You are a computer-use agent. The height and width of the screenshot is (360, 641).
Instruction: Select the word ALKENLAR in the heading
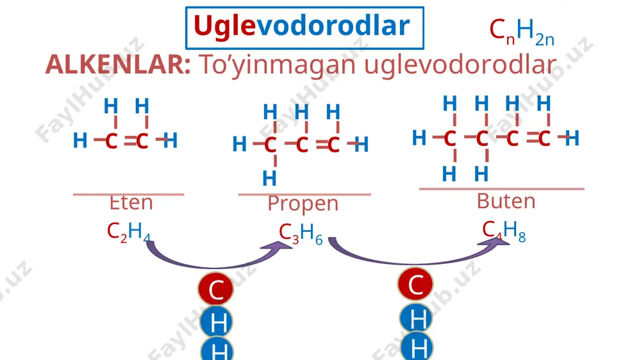118,65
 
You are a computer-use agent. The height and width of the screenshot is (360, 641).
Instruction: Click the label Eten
131,202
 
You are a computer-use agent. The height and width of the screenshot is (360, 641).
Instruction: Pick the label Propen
303,204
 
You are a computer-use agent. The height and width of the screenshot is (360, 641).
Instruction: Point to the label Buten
506,201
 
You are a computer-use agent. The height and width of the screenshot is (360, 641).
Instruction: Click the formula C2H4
128,232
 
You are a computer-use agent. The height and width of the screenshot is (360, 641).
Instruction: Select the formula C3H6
301,234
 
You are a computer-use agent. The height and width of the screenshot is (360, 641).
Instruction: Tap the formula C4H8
504,231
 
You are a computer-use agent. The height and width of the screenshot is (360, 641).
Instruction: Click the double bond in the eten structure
130,142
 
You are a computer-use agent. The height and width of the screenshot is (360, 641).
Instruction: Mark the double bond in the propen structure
322,144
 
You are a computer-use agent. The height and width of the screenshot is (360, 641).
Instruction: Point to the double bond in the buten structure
532,138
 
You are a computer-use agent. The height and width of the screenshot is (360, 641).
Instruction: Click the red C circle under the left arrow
216,289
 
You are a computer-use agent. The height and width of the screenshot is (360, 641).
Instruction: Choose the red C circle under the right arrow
415,284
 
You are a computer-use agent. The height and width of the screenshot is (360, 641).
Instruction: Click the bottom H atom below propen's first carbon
269,179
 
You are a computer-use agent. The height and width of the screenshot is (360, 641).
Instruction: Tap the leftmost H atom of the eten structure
80,140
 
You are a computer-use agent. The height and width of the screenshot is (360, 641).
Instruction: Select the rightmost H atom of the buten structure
572,138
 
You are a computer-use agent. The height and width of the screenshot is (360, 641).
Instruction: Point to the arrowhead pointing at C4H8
495,242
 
